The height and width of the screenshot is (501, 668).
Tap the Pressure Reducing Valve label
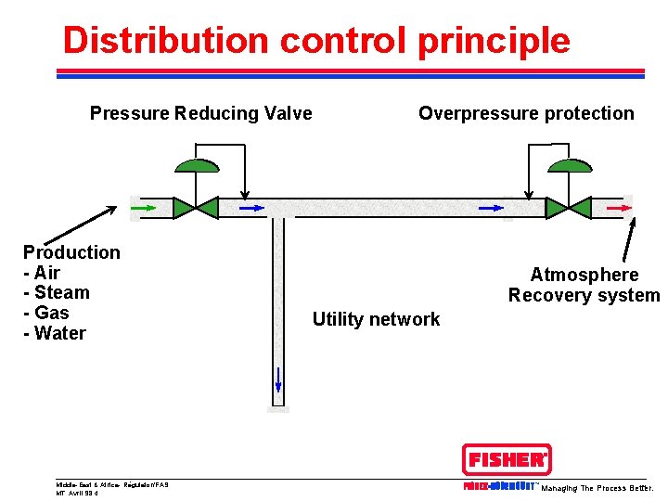(x=200, y=114)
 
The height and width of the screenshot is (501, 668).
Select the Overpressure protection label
(x=526, y=114)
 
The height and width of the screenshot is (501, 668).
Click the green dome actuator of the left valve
(x=197, y=166)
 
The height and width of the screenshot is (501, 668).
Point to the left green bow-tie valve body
(x=196, y=208)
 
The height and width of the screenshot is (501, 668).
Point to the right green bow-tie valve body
(x=567, y=208)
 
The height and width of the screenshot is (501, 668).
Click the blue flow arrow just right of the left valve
(x=251, y=208)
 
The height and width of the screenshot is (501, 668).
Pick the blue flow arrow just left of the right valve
(x=490, y=208)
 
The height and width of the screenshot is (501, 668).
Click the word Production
(x=71, y=252)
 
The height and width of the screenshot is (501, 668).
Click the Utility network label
(x=376, y=319)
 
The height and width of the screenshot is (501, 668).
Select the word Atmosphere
(x=584, y=275)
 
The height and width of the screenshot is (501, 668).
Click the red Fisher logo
(x=506, y=459)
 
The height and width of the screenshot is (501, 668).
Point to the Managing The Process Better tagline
(x=597, y=488)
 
